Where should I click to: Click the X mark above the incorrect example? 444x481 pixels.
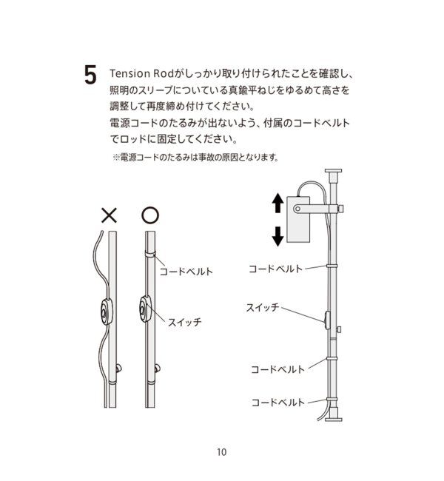point(109,215)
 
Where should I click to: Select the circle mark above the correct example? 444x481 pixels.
point(149,215)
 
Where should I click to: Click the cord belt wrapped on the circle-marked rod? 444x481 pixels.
point(149,256)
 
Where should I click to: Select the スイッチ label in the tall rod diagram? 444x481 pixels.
point(262,306)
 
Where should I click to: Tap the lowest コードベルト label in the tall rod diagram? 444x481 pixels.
point(277,402)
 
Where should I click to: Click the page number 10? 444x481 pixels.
point(221,453)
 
